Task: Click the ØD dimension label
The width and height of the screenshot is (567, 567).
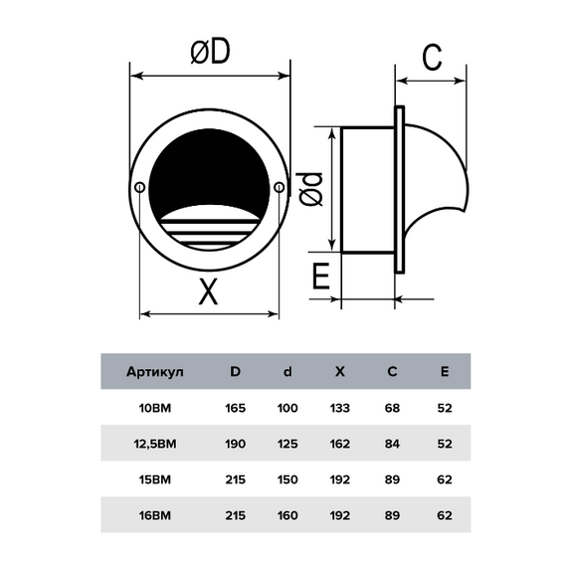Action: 210,51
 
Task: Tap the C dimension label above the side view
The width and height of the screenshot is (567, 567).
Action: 432,57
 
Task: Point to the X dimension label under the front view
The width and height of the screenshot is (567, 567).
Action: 208,291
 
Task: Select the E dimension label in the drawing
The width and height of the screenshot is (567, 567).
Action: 320,276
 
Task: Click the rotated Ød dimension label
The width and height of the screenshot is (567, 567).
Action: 310,189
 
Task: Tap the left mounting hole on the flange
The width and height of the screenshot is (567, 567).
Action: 139,188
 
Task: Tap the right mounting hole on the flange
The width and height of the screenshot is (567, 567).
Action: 279,188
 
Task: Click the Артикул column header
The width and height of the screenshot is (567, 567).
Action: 155,372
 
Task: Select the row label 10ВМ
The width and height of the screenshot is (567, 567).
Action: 155,408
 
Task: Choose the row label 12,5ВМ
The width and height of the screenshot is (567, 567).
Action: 155,444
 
